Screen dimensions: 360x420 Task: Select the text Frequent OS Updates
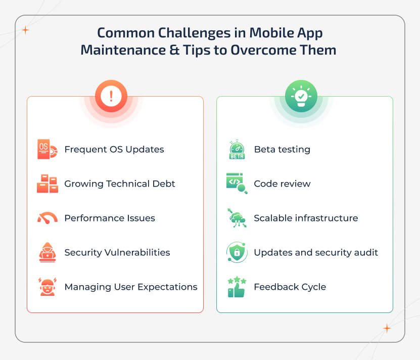click(x=114, y=150)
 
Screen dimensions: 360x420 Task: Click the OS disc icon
click(x=46, y=150)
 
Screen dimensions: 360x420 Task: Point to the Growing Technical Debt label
click(x=120, y=184)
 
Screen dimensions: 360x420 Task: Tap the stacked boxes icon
click(x=47, y=184)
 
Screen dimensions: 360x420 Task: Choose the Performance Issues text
click(x=110, y=218)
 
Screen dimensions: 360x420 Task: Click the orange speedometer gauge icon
click(x=47, y=218)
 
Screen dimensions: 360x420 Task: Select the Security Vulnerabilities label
click(x=117, y=252)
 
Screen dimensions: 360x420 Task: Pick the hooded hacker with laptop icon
click(x=47, y=252)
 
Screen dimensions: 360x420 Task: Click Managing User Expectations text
click(x=131, y=287)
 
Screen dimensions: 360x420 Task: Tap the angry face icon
click(x=47, y=287)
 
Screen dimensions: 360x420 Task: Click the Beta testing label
click(x=282, y=150)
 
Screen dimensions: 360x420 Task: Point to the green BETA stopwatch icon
click(x=237, y=150)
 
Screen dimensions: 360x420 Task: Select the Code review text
click(x=282, y=184)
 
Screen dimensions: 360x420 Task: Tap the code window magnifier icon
click(x=237, y=184)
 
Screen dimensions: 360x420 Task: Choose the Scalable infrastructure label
click(x=306, y=218)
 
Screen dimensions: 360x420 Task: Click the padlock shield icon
click(x=237, y=252)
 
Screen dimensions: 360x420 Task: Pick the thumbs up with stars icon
click(x=237, y=287)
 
